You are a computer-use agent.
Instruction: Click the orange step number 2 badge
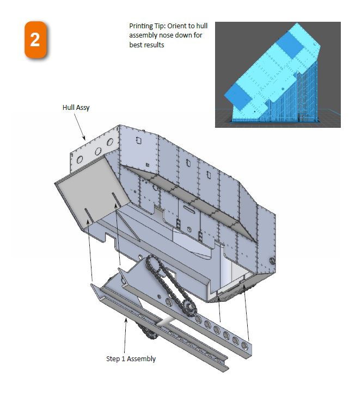35,40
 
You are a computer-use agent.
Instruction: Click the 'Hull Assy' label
76,108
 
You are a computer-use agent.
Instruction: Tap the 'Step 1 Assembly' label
131,359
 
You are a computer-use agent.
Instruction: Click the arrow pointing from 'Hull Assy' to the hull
79,127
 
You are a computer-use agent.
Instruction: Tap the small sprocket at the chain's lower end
189,308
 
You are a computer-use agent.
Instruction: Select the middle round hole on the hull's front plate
98,151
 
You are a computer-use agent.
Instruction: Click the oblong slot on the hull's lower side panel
189,208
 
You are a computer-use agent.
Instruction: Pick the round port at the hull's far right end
272,261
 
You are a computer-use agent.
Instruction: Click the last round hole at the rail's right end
244,345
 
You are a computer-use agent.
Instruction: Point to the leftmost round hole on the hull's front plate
79,160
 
